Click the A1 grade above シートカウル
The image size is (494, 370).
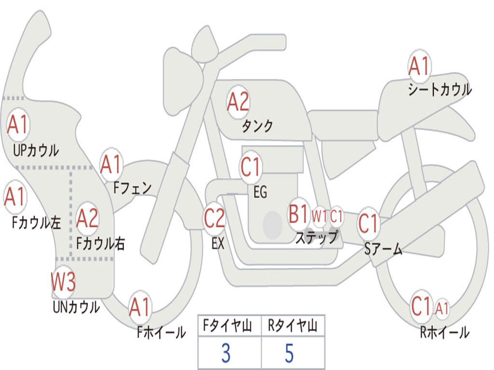coord(419,66)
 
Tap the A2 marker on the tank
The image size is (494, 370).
coord(238,102)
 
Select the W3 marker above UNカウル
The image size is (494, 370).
coord(63,281)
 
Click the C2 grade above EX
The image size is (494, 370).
coord(214,218)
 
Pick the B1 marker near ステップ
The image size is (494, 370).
coord(298,214)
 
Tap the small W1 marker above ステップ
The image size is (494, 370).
coord(319,216)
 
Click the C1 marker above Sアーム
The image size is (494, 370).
coord(368,224)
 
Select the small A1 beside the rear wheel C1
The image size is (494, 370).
coord(442,308)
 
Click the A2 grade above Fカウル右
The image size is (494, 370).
coord(87,218)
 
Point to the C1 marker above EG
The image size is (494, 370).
coord(250,166)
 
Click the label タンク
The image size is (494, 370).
coord(258,126)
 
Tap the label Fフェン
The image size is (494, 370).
coord(133,188)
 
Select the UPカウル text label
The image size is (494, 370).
coord(36,150)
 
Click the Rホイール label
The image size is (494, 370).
coord(445,332)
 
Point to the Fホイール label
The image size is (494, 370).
coord(161,332)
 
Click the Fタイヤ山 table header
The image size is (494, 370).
coord(228,325)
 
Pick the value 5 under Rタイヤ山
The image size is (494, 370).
coord(289,353)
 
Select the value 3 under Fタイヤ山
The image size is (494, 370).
coord(226,353)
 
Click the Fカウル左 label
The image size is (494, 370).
coord(36,223)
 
